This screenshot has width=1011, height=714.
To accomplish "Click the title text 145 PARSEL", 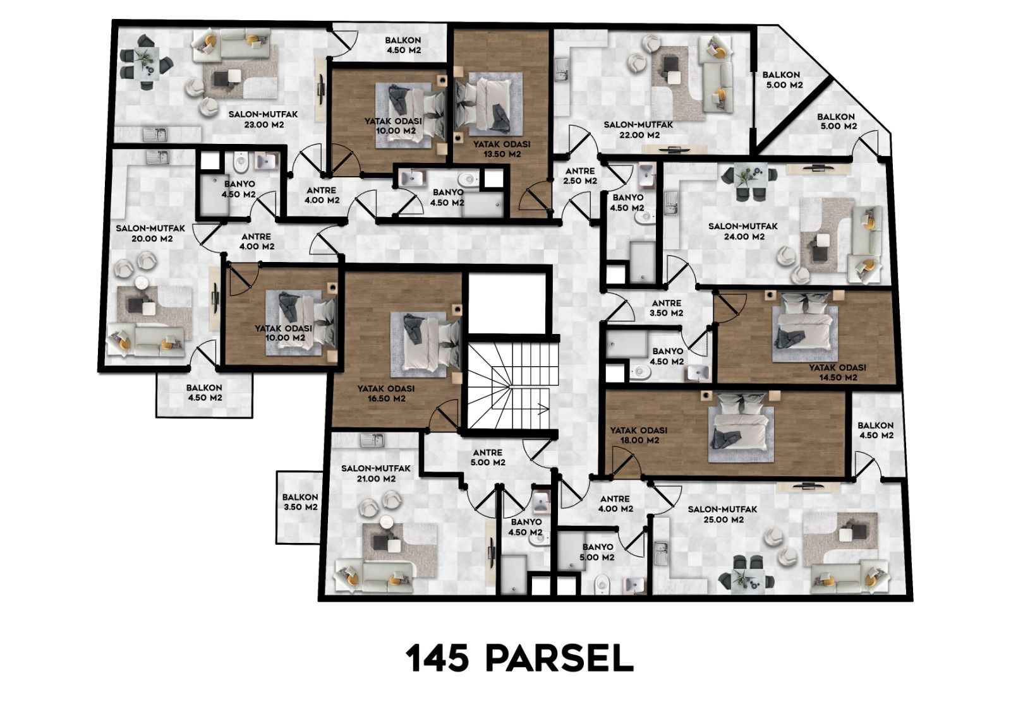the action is (x=520, y=659).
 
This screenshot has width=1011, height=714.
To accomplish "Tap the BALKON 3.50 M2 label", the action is (x=300, y=502).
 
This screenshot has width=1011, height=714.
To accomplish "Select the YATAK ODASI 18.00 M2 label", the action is (x=639, y=435).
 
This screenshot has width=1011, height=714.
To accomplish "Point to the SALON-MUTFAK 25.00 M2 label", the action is (x=722, y=515).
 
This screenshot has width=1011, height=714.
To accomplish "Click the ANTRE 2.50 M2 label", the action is (x=581, y=176).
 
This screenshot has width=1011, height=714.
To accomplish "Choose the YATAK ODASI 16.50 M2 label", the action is (x=386, y=393).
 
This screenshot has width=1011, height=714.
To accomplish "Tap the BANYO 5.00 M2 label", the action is (x=598, y=552).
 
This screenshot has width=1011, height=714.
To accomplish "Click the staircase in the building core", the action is (x=509, y=384).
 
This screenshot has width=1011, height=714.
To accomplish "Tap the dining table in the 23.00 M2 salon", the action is (x=145, y=62).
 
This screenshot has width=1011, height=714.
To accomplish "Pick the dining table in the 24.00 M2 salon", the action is (x=751, y=181).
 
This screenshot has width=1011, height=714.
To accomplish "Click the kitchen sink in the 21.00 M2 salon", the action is (x=372, y=440).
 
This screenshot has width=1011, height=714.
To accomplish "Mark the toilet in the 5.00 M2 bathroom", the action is (x=602, y=585).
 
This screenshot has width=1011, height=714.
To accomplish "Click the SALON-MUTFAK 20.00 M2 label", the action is (x=151, y=233).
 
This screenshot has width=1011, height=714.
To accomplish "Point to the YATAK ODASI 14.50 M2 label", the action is (x=837, y=372).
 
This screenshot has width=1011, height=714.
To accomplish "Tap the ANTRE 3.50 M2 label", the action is (x=667, y=308).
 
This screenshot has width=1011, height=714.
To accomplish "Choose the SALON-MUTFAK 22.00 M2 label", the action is (x=638, y=130).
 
